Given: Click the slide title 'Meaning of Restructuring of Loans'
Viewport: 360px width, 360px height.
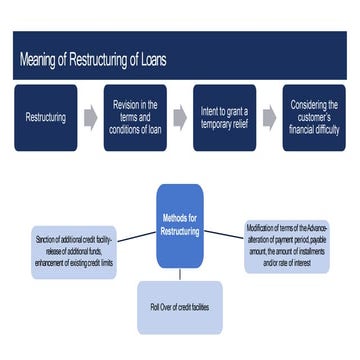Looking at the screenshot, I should (93, 60).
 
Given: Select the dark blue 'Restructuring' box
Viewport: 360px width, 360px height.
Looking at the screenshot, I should (46, 117).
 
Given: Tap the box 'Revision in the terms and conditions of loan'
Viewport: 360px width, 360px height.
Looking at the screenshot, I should (135, 117).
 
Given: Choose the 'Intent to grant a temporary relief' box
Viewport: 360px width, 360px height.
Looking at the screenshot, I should (224, 117).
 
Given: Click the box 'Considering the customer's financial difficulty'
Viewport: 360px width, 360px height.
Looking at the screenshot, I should (313, 117).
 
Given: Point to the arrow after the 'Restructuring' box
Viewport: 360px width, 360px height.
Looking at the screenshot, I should (90, 117).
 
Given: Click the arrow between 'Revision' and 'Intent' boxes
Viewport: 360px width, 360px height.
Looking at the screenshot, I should (180, 117).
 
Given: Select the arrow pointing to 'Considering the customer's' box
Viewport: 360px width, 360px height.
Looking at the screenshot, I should (269, 117).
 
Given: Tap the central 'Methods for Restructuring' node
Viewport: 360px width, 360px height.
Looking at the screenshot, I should (180, 225).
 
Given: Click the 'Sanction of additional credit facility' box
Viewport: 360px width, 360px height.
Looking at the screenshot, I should (74, 250).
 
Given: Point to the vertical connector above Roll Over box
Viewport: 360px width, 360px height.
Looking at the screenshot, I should (180, 274).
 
